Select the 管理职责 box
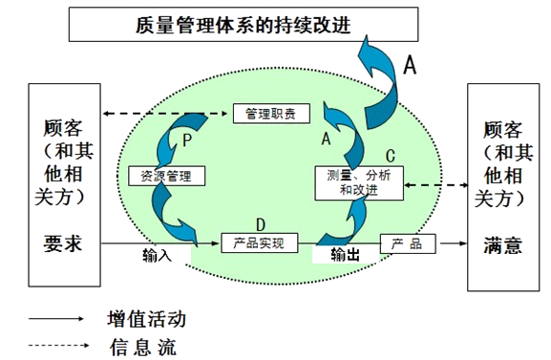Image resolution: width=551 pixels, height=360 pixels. pyautogui.click(x=271, y=114)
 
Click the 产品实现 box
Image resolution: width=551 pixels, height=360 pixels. pyautogui.click(x=259, y=243)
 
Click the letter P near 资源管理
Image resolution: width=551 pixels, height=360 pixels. pyautogui.click(x=188, y=139)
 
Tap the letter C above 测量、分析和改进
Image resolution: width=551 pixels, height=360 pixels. pyautogui.click(x=390, y=155)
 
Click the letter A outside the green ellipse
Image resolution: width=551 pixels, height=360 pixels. pyautogui.click(x=411, y=64)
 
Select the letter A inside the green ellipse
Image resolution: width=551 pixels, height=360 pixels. pyautogui.click(x=325, y=139)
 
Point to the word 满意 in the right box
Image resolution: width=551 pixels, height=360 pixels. pyautogui.click(x=502, y=244)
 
